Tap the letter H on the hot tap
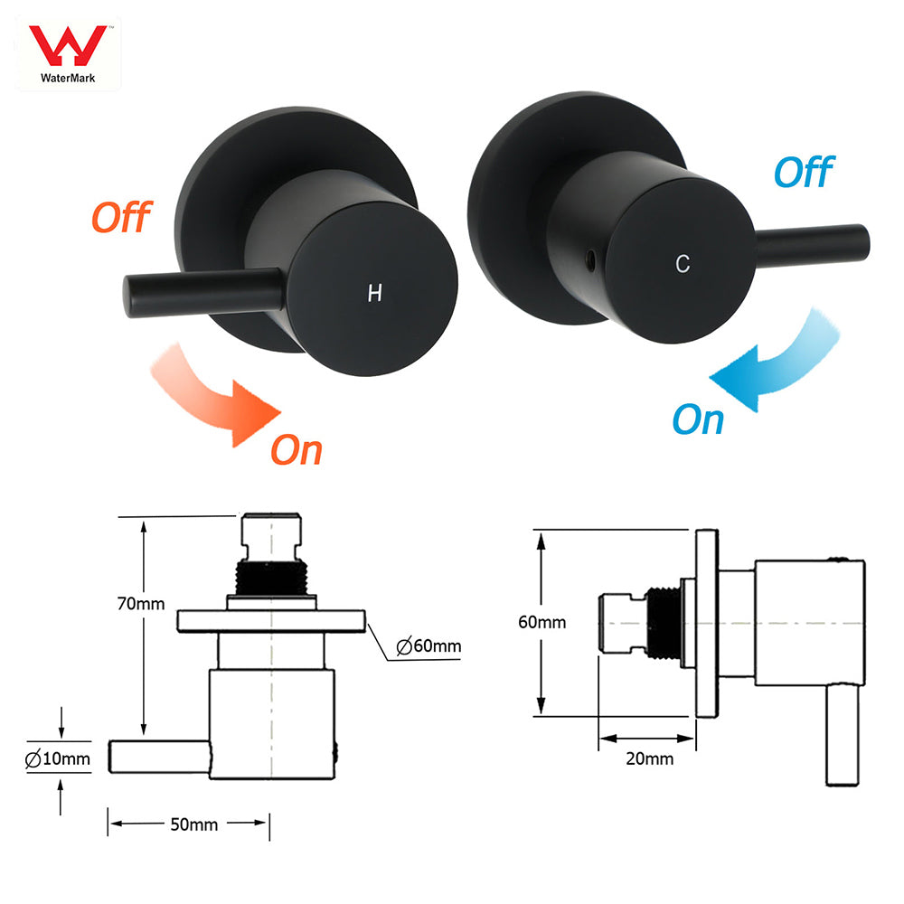374,293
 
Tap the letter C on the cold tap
683,263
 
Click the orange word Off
122,217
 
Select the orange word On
297,449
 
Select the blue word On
698,419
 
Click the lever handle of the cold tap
814,240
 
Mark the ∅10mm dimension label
59,759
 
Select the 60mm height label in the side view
541,622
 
